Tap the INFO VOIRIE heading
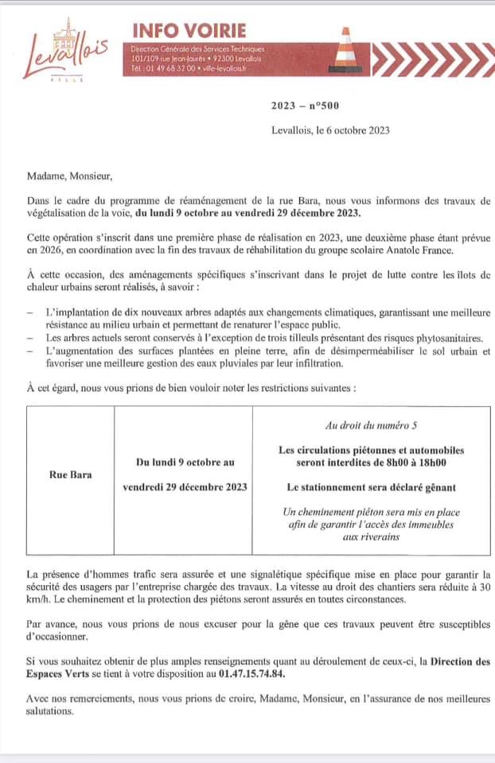[x=189, y=30]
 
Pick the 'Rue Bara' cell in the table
[x=71, y=474]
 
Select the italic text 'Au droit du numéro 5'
[x=371, y=426]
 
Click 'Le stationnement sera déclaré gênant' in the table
[x=371, y=487]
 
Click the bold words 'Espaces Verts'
[x=59, y=674]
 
